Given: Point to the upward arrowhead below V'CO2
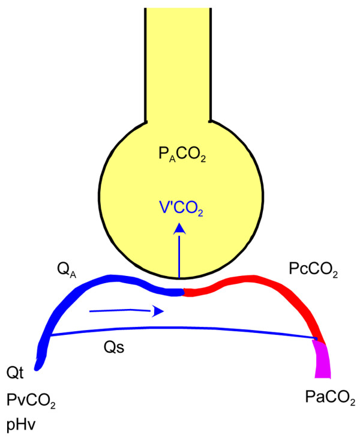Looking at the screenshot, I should [179, 228].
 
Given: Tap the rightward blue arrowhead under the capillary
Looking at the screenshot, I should [158, 311].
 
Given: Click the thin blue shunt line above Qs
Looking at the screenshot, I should [180, 330].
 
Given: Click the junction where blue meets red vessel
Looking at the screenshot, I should [183, 292].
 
